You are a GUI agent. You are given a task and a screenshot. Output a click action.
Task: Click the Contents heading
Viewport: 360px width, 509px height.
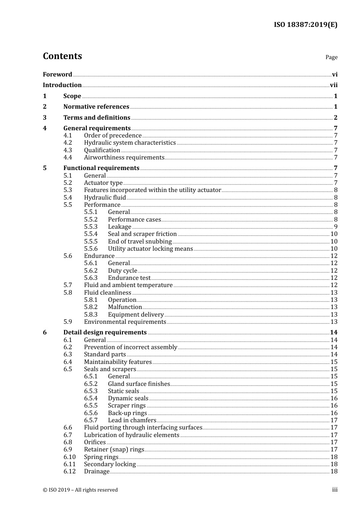coord(62,56)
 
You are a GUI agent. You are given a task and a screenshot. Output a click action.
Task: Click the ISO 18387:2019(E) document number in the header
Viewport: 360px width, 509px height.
coord(305,25)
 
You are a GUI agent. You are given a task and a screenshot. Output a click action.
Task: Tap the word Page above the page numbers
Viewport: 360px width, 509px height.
coord(331,57)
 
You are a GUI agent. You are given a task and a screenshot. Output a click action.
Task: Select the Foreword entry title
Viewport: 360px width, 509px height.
coord(57,74)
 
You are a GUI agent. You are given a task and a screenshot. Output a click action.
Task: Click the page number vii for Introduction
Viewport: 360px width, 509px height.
coord(333,85)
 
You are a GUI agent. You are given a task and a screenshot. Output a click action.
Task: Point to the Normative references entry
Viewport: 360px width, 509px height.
coord(96,107)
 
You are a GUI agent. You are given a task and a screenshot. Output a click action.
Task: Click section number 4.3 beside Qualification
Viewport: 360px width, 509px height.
coord(67,150)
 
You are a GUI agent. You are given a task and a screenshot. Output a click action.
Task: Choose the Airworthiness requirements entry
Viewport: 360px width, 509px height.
coord(124,158)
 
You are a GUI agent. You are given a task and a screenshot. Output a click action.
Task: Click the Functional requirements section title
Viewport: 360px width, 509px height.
coord(101,168)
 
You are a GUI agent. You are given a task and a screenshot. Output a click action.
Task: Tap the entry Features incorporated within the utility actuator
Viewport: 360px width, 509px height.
coord(152,190)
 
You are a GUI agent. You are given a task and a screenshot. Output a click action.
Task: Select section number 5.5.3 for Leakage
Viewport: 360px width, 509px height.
coord(91,227)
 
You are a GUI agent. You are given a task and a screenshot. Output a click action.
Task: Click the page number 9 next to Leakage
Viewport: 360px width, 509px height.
coord(335,227)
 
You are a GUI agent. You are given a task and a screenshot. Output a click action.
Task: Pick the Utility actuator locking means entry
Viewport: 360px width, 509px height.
coord(150,249)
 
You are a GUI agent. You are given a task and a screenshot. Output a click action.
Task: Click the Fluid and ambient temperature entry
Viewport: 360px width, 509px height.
coord(128,285)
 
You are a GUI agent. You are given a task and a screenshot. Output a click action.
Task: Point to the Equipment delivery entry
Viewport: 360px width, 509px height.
coord(136,315)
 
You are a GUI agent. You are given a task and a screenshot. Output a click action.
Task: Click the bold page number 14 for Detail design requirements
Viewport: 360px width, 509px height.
coord(333,333)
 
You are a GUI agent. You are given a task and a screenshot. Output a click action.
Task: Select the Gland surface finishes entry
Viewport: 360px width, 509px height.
coord(139,384)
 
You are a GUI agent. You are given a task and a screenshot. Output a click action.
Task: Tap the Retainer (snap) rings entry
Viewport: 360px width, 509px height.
coord(114,450)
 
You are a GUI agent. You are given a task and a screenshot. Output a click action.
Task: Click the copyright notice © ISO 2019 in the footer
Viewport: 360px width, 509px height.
coord(80,490)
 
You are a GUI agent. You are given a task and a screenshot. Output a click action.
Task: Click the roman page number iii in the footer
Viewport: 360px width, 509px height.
coord(335,490)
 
